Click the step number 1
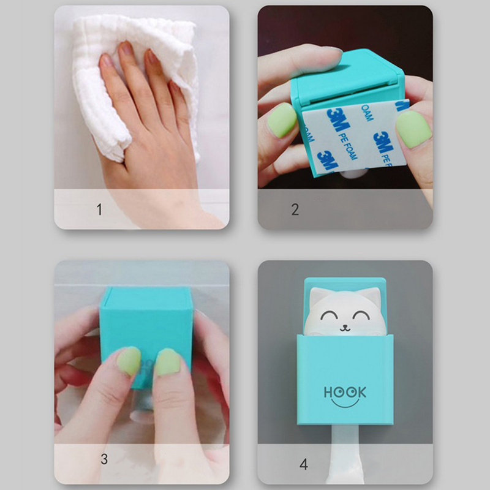[x=99, y=209]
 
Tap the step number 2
[x=295, y=209]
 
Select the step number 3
[x=104, y=459]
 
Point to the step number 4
[x=303, y=464]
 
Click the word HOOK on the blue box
[x=345, y=392]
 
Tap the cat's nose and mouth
[x=345, y=328]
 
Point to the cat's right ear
[x=373, y=296]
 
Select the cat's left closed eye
[x=329, y=315]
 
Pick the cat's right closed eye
[x=361, y=315]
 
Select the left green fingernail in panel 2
[x=281, y=120]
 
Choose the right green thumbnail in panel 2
[x=413, y=129]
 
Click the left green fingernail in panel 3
[x=129, y=361]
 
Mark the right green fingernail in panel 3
[x=167, y=363]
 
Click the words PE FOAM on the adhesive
[x=347, y=146]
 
